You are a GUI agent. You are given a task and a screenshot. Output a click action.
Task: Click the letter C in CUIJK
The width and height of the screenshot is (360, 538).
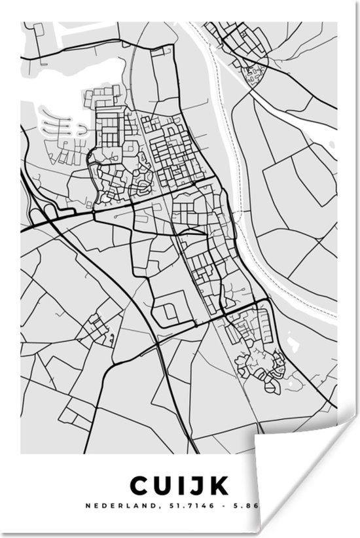coord(139,486)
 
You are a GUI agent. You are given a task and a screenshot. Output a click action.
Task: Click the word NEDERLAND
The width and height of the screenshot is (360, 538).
coord(111,505)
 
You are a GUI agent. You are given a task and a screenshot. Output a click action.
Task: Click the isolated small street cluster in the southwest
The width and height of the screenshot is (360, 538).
coord(98,327)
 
